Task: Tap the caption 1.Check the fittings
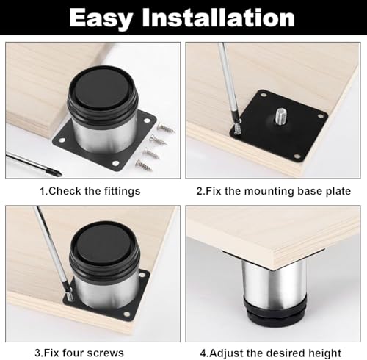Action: pyautogui.click(x=90, y=191)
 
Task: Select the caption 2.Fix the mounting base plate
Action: pyautogui.click(x=272, y=191)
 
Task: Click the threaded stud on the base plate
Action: pyautogui.click(x=283, y=116)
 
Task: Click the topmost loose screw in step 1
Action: pyautogui.click(x=165, y=127)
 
